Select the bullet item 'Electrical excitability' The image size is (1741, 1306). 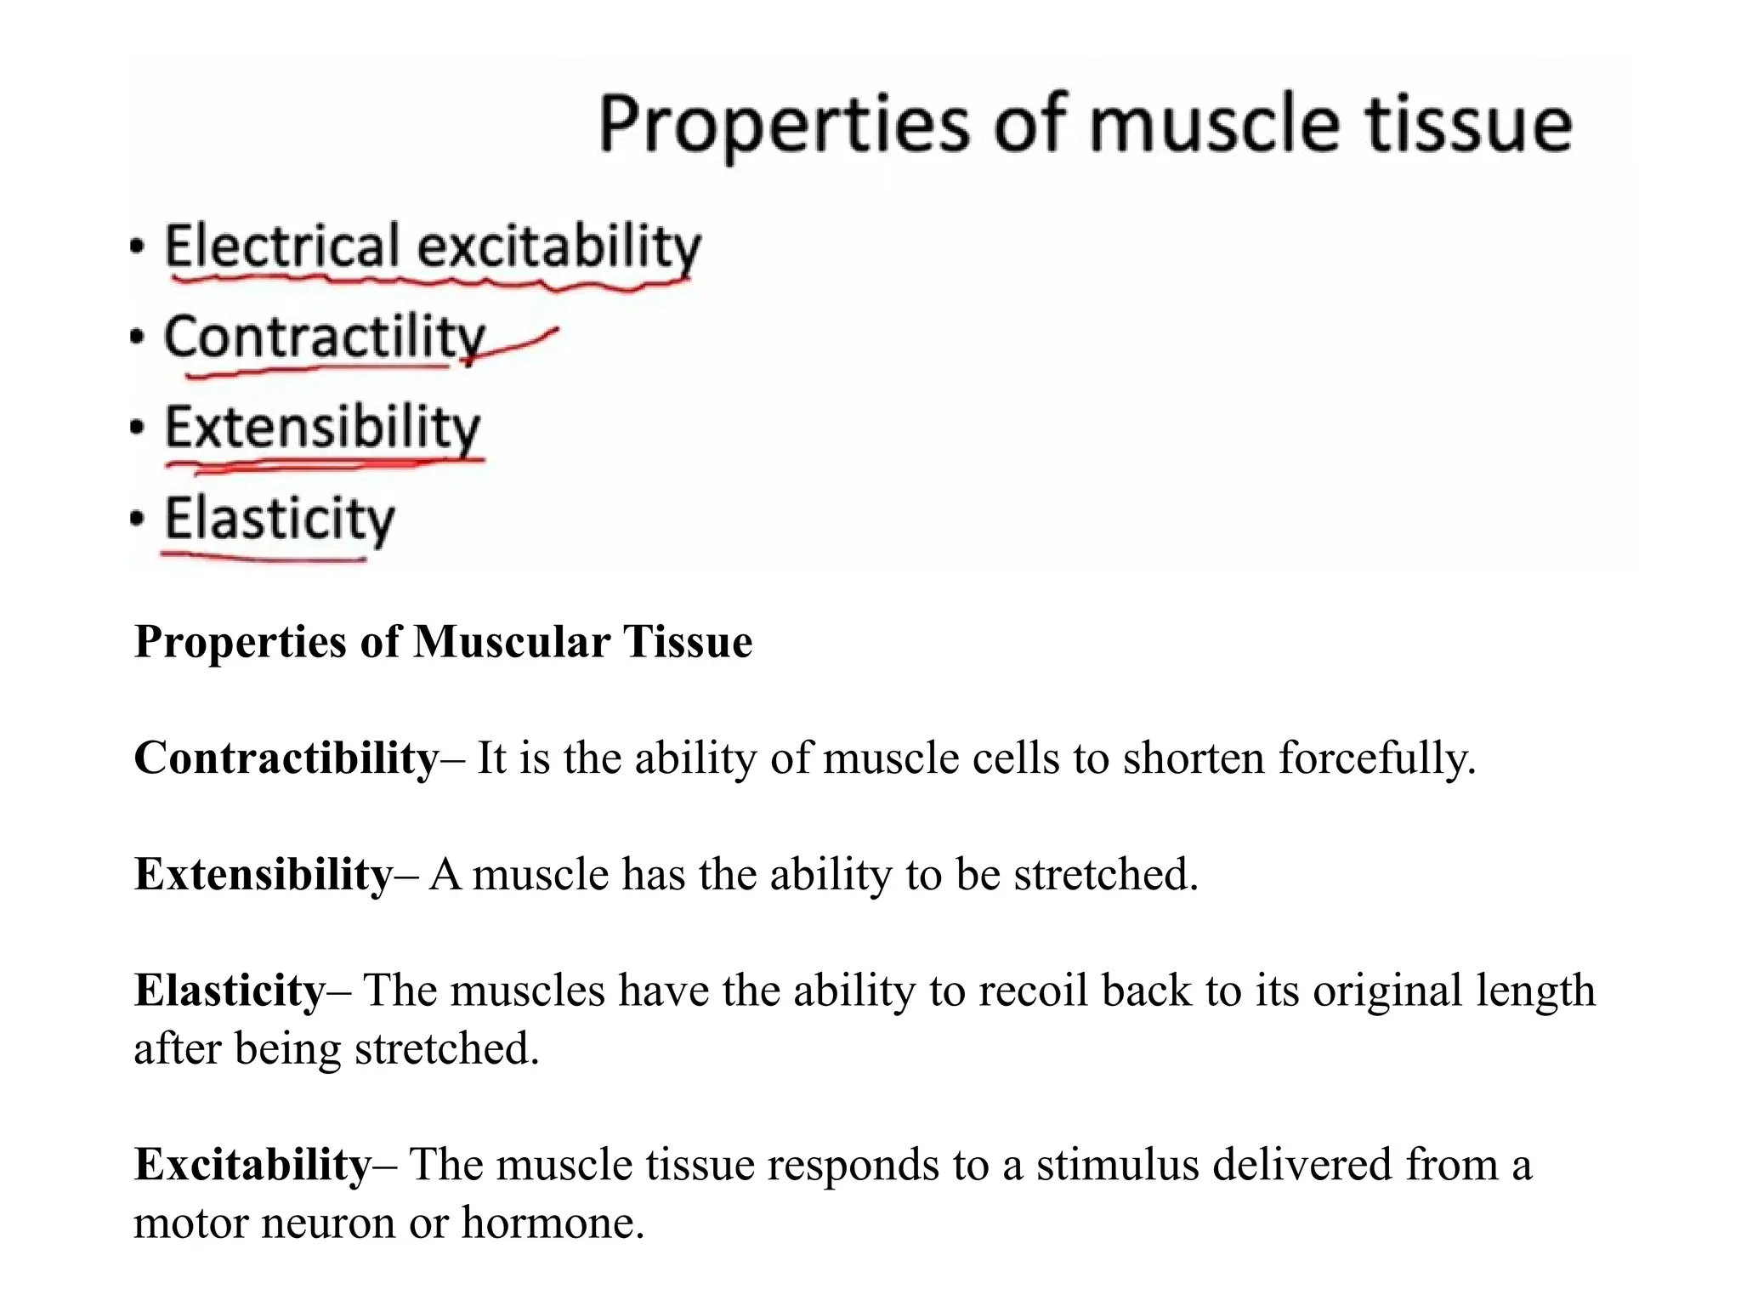pyautogui.click(x=432, y=247)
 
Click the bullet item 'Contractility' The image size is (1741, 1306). pyautogui.click(x=324, y=338)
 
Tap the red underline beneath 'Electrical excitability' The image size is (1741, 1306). pyautogui.click(x=425, y=281)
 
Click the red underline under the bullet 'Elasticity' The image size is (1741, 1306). pyautogui.click(x=264, y=559)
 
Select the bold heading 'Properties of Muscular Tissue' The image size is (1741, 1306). pyautogui.click(x=443, y=641)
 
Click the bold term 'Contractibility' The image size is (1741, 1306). pyautogui.click(x=286, y=758)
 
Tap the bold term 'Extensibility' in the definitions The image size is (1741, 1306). pyautogui.click(x=264, y=874)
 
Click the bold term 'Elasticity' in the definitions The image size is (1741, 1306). pyautogui.click(x=230, y=991)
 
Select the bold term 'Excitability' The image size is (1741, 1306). pyautogui.click(x=252, y=1165)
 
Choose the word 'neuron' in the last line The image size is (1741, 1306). pyautogui.click(x=328, y=1223)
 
